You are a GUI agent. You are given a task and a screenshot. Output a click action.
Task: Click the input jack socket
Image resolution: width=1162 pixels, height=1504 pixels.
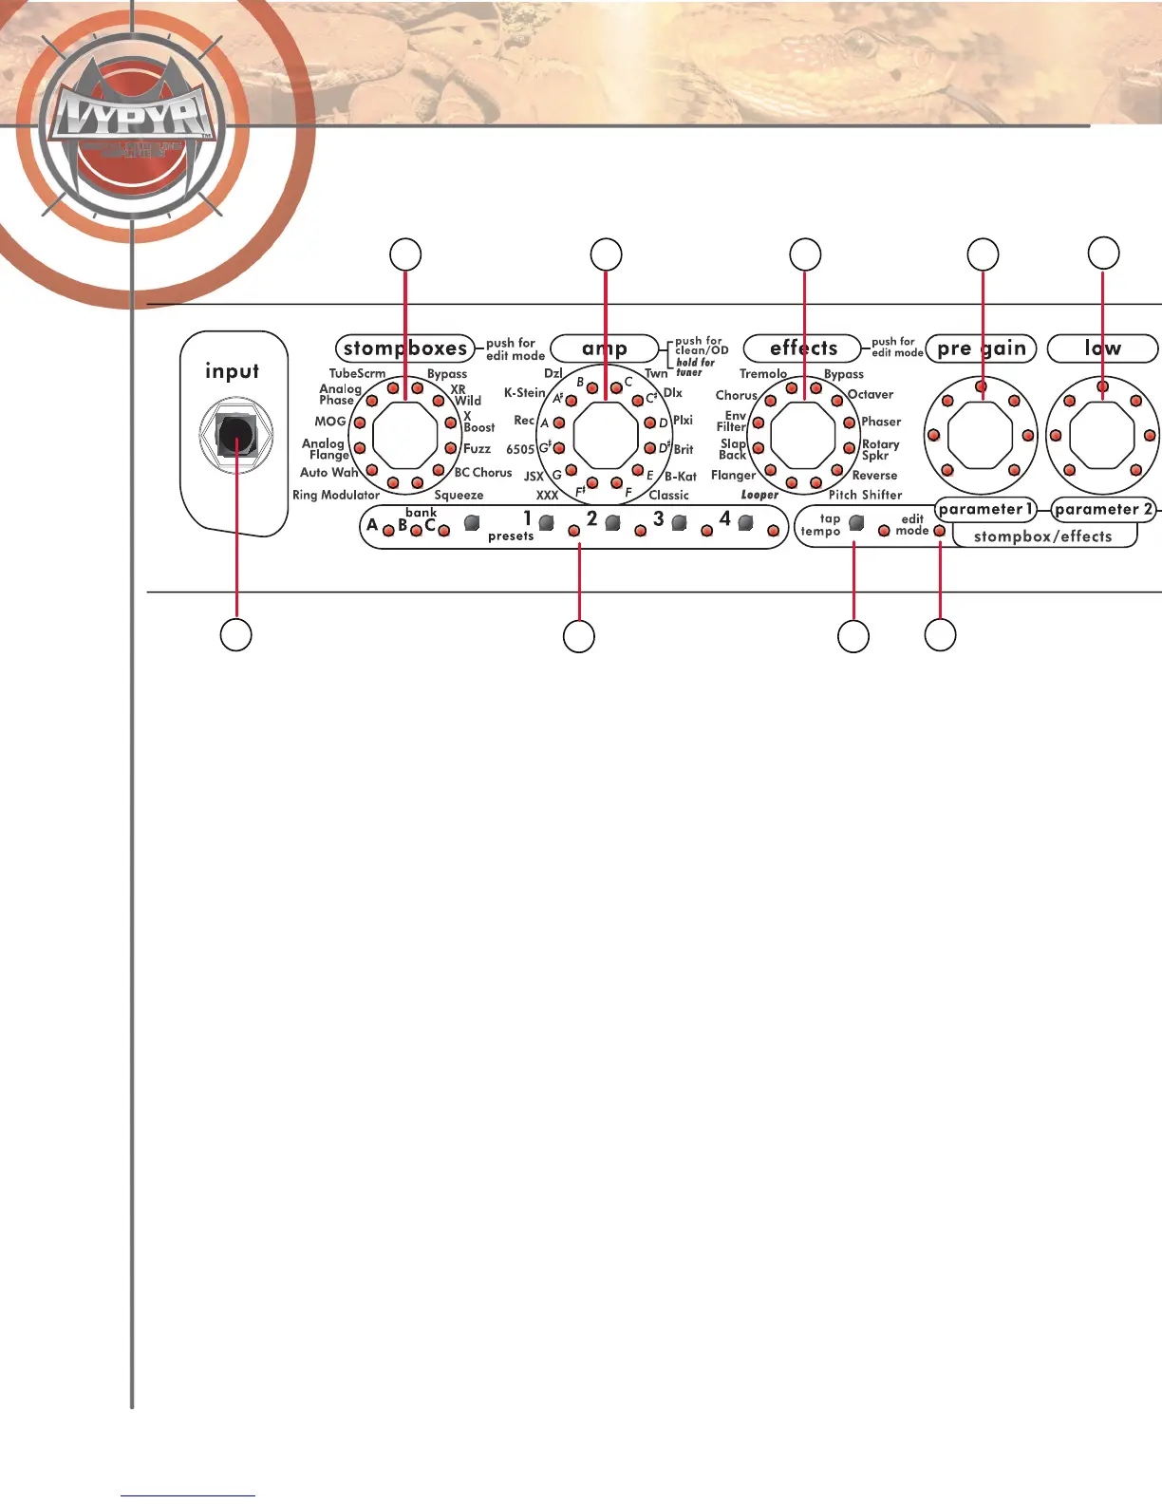tap(235, 435)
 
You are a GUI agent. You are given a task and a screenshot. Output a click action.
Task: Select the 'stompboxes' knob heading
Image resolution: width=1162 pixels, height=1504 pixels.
tap(404, 348)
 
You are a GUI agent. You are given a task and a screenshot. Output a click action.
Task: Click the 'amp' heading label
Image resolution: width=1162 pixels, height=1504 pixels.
tap(605, 348)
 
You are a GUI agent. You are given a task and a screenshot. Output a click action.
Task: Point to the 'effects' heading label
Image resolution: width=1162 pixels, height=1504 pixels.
tap(803, 348)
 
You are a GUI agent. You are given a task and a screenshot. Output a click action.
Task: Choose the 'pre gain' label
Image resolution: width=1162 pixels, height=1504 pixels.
tap(982, 348)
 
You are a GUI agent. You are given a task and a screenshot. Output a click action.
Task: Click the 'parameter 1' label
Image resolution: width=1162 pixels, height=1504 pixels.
tap(985, 509)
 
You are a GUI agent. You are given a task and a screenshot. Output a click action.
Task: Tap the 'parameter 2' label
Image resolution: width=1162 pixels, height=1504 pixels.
tap(1103, 509)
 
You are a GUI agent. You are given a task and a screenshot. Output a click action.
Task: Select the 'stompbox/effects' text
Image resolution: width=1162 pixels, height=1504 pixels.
tap(1042, 536)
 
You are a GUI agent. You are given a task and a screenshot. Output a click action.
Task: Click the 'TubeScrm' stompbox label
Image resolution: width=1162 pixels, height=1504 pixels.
tap(357, 373)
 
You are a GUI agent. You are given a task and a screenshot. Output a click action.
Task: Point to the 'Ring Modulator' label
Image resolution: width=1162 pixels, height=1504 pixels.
tap(336, 495)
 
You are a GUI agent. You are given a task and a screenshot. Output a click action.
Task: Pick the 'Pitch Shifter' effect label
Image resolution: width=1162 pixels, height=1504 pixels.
tap(865, 495)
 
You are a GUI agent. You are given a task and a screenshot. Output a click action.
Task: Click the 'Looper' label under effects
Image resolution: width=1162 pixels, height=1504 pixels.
tap(759, 495)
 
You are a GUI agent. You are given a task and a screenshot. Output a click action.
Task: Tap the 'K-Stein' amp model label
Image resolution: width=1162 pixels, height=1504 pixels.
tap(524, 392)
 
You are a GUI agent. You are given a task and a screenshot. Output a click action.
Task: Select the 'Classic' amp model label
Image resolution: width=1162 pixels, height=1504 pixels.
tap(668, 495)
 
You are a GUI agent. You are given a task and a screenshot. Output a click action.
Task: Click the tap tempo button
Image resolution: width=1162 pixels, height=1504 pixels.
tap(856, 522)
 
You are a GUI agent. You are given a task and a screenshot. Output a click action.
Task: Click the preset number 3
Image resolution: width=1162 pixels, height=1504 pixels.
tap(658, 519)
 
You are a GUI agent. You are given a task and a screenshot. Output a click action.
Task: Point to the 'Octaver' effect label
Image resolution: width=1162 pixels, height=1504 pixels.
tap(870, 394)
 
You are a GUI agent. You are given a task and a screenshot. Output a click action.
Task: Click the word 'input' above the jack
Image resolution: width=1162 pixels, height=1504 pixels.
tap(232, 371)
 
